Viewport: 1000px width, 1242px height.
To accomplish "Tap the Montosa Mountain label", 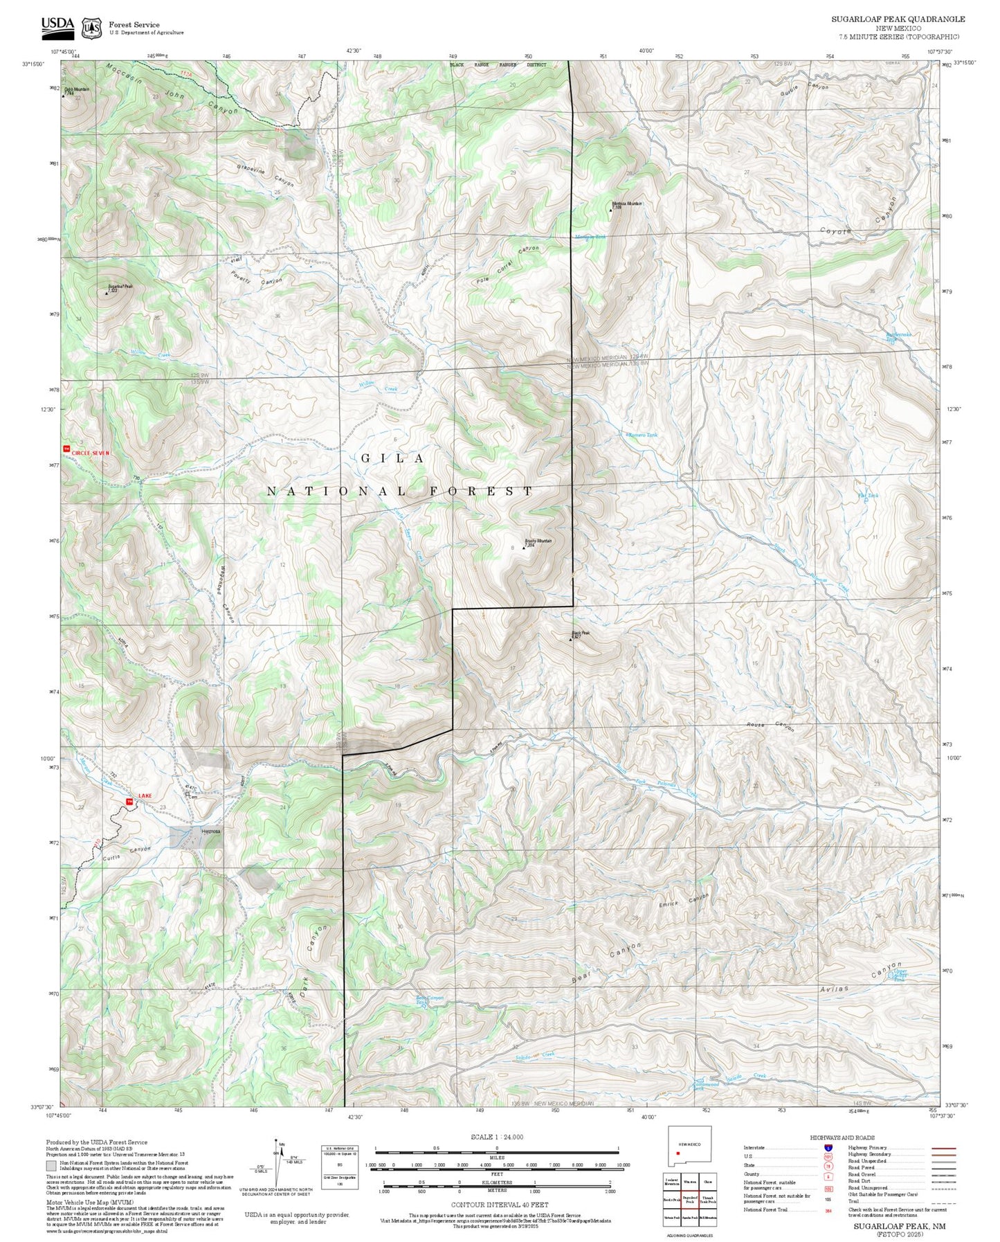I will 627,204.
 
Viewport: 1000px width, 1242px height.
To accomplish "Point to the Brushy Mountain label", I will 538,541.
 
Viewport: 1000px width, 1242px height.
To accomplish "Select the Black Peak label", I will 581,633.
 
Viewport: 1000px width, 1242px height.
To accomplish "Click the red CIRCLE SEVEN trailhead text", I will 90,453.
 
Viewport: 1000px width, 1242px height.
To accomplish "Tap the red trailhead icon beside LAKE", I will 128,802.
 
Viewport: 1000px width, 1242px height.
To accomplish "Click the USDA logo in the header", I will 57,26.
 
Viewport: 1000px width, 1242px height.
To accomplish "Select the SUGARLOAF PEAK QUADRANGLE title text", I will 898,19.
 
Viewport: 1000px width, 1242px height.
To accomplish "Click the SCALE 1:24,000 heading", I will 496,1137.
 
